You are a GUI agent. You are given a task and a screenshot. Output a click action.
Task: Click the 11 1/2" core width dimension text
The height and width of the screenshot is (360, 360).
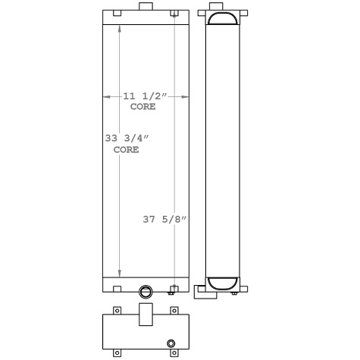click(x=145, y=96)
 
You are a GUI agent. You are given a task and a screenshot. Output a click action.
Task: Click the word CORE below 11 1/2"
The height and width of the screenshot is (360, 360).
click(x=143, y=108)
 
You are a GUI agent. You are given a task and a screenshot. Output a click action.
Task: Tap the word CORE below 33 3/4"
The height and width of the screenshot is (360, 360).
click(x=127, y=150)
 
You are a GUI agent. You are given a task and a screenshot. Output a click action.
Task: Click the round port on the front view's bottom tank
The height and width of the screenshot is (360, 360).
click(x=146, y=290)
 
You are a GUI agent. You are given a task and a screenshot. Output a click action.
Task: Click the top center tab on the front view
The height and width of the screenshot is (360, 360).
click(x=145, y=7)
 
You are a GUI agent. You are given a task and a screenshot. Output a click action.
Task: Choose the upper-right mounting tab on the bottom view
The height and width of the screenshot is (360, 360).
click(x=175, y=310)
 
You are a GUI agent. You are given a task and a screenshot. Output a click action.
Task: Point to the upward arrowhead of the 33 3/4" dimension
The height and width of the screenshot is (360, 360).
click(x=119, y=29)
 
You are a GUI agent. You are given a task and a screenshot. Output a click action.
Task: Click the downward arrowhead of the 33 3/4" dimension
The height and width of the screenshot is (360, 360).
click(x=119, y=274)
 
